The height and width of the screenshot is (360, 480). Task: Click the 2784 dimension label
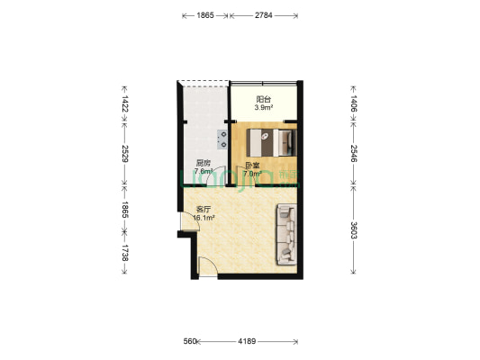point(264,16)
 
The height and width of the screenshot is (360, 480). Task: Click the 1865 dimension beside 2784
point(204,16)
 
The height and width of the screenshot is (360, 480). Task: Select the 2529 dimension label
point(124,155)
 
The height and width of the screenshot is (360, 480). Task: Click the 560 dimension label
point(189,341)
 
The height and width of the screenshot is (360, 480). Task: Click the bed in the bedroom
point(270,142)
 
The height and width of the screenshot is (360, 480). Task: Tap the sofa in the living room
point(286,234)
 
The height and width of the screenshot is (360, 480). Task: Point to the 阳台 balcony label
point(263,98)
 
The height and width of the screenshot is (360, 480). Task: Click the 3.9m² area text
point(263,107)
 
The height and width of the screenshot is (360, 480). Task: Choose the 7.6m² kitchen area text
point(204,172)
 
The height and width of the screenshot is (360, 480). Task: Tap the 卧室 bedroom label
point(253,166)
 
